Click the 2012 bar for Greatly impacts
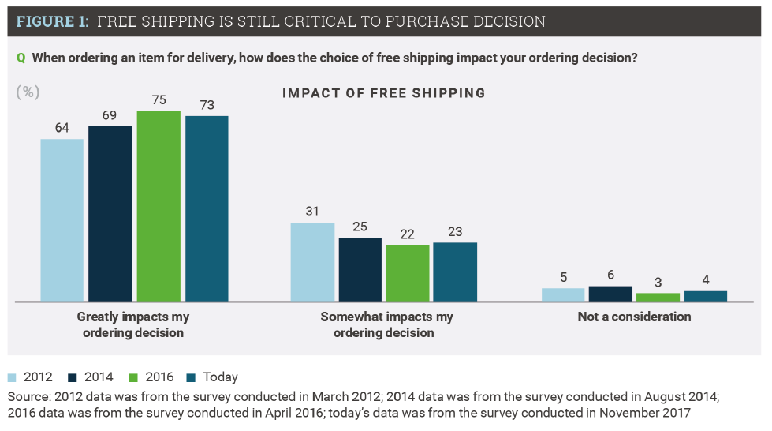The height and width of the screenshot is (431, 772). pyautogui.click(x=62, y=219)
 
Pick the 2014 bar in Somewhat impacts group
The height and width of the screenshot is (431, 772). pyautogui.click(x=360, y=269)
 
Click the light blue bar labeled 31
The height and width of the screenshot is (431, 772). pyautogui.click(x=312, y=261)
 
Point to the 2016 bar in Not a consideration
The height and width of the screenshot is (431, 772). pyautogui.click(x=658, y=297)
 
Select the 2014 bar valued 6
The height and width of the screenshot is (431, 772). pyautogui.click(x=610, y=294)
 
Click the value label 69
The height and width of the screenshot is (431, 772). pyautogui.click(x=110, y=115)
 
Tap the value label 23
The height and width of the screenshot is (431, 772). pyautogui.click(x=455, y=232)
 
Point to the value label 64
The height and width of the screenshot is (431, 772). pyautogui.click(x=62, y=129)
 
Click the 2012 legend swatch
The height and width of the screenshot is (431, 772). pyautogui.click(x=13, y=377)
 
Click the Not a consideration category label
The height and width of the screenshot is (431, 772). pyautogui.click(x=634, y=317)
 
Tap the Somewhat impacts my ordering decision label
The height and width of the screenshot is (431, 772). pyautogui.click(x=386, y=324)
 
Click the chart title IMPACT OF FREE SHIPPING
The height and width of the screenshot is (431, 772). pyautogui.click(x=383, y=93)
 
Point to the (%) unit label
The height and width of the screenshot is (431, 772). pyautogui.click(x=28, y=92)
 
